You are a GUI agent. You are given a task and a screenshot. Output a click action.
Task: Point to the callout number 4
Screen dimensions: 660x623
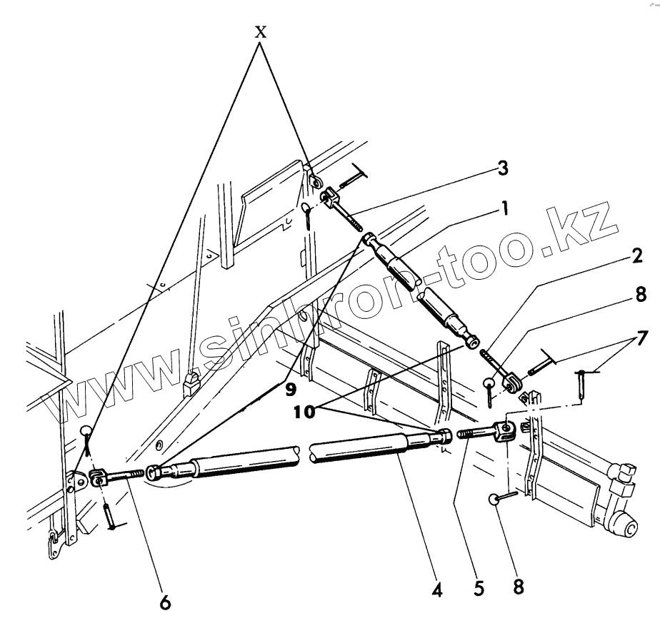[436, 589]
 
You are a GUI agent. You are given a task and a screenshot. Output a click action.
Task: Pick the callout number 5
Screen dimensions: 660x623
[479, 589]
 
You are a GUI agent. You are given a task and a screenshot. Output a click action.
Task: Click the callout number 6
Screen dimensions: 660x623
[165, 602]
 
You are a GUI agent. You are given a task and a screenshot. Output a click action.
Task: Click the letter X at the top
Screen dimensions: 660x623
[261, 33]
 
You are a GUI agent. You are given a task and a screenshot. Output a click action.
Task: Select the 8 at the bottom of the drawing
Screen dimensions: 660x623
[519, 587]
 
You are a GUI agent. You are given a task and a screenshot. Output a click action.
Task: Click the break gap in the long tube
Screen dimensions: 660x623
[304, 455]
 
